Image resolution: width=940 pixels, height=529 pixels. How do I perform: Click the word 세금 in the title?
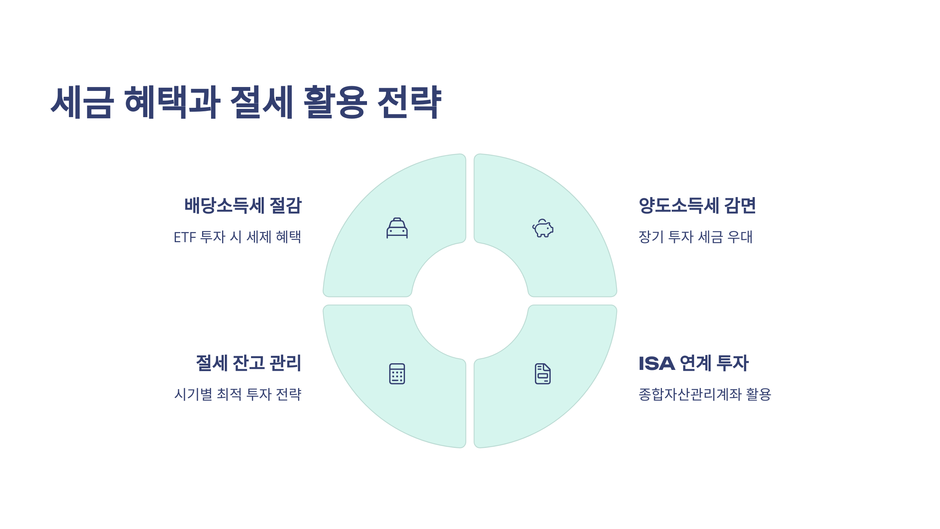82,102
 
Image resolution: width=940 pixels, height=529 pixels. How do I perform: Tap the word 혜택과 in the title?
172,102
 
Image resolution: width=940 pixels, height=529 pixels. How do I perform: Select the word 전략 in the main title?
409,102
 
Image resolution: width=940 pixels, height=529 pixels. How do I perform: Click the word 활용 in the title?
335,102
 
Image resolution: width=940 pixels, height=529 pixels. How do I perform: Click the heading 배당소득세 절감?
243,206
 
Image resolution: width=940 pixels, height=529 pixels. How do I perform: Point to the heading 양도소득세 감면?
697,206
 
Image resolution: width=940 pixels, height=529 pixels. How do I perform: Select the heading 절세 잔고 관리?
249,363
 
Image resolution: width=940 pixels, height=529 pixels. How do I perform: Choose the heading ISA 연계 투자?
694,363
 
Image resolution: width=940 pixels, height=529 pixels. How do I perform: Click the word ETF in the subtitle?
185,237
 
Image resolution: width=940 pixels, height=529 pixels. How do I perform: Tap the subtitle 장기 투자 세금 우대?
696,237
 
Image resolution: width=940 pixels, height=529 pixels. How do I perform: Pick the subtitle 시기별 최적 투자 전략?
238,394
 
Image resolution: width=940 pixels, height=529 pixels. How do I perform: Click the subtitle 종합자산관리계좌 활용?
705,394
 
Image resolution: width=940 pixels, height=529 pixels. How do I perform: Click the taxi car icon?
397,228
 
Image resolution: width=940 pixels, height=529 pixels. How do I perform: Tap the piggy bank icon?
543,228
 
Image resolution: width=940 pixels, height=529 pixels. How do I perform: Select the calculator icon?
397,374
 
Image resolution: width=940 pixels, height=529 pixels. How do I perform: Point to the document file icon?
543,374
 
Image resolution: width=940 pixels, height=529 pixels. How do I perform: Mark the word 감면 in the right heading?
740,206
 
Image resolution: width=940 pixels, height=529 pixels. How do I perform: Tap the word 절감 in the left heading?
286,206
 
